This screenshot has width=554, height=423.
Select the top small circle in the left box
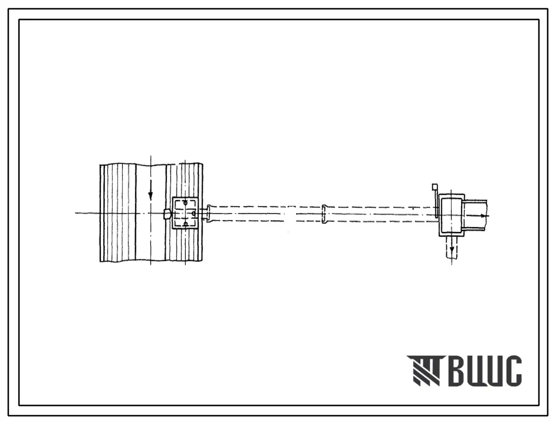(185, 202)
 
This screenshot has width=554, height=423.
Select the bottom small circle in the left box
(185, 224)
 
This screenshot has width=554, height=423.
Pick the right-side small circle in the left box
(193, 213)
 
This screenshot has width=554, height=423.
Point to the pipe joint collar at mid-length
(324, 214)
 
